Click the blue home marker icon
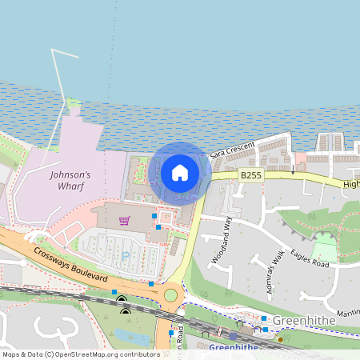[180, 173]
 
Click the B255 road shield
[251, 174]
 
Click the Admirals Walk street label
[277, 272]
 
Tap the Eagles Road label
[310, 257]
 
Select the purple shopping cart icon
[124, 221]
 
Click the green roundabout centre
[170, 296]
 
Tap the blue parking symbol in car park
[126, 255]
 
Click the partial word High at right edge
[351, 184]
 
